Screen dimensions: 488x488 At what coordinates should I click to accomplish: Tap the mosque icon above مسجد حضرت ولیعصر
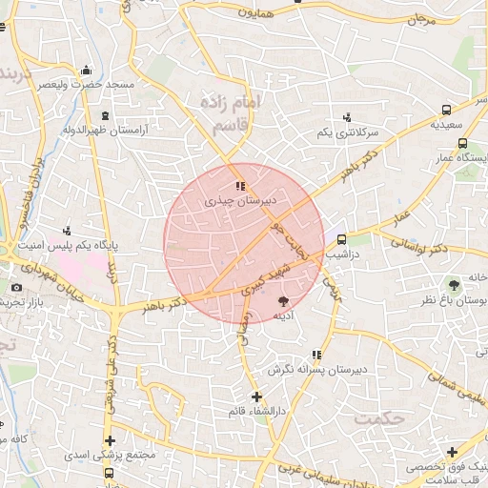87,70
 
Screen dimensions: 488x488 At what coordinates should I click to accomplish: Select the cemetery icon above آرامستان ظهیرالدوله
104,116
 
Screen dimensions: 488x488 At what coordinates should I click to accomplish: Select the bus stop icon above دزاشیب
342,240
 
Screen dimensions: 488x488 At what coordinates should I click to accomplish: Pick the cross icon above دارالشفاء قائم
255,396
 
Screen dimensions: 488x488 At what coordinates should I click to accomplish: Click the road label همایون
256,13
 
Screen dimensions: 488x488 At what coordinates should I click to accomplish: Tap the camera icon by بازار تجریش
16,288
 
